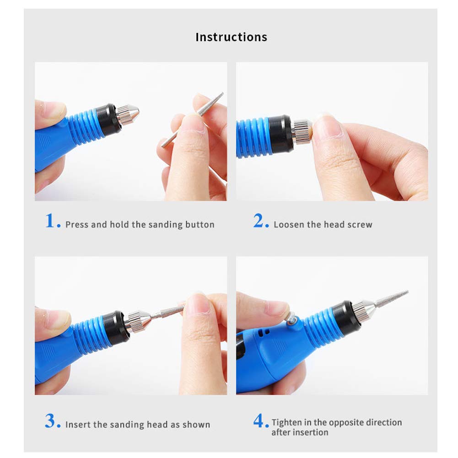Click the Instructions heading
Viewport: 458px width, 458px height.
[x=231, y=37]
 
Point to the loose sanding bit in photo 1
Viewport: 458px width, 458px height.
[x=193, y=119]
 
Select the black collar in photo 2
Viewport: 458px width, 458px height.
[x=281, y=134]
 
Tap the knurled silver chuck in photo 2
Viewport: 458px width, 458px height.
[x=302, y=131]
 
